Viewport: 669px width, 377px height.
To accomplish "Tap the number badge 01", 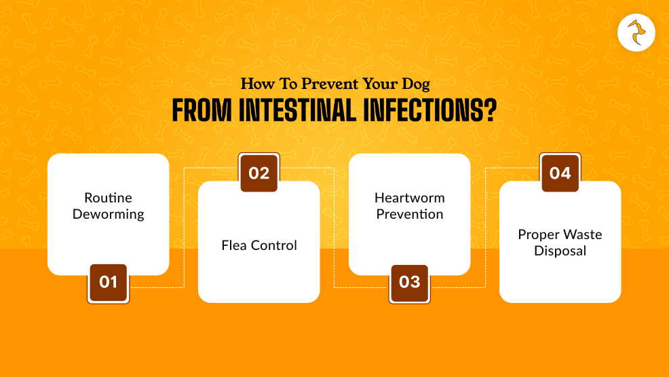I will (108, 282).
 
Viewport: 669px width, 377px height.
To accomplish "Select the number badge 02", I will (259, 173).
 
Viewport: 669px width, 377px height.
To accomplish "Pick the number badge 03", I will (409, 282).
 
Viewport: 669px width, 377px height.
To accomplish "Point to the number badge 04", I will (560, 173).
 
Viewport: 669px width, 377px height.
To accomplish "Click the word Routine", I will (108, 198).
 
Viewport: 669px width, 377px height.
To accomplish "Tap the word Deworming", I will (108, 215).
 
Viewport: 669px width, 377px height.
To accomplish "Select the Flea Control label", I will (259, 245).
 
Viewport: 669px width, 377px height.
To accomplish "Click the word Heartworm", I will (409, 198).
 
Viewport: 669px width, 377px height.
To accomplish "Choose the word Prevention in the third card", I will (409, 215).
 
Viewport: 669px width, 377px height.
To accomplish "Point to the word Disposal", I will (560, 251).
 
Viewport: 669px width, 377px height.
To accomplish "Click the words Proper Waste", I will (560, 234).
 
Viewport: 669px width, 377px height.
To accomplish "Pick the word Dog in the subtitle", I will (414, 85).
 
